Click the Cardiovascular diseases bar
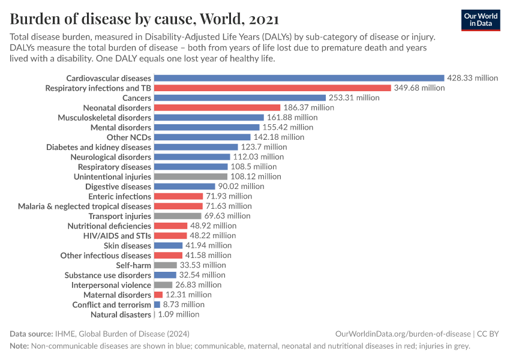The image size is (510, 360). click(x=299, y=78)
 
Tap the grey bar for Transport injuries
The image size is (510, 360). click(x=178, y=216)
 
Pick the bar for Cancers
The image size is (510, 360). click(x=240, y=98)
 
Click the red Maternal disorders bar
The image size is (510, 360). click(x=158, y=295)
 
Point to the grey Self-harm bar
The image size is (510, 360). click(x=166, y=265)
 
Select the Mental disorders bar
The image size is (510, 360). click(x=207, y=127)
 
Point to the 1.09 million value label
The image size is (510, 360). click(x=178, y=314)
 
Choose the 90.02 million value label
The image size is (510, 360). click(x=241, y=187)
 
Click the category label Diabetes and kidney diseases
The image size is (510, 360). click(x=98, y=147)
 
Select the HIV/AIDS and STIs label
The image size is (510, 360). click(x=117, y=236)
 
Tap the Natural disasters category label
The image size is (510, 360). click(x=121, y=314)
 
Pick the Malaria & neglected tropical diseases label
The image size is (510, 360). click(x=85, y=206)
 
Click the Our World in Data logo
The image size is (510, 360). click(x=481, y=20)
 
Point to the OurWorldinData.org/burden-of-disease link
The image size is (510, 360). click(x=403, y=334)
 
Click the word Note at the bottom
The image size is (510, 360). click(x=19, y=346)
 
